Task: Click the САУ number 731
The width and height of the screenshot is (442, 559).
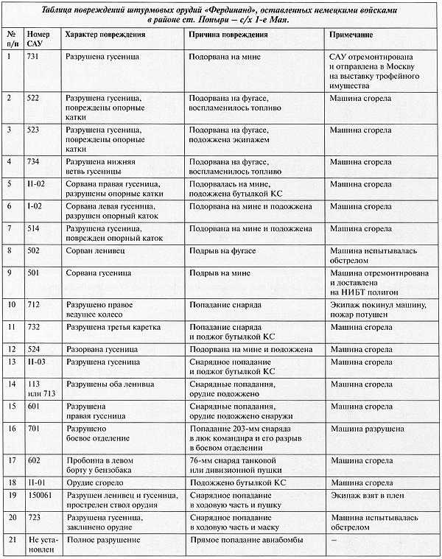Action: (x=34, y=57)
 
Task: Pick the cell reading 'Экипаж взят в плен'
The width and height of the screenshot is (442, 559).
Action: (x=365, y=496)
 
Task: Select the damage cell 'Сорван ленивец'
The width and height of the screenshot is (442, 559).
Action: (x=95, y=251)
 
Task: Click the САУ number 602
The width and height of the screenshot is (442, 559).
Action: (x=34, y=459)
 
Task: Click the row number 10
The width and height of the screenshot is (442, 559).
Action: (x=10, y=303)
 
